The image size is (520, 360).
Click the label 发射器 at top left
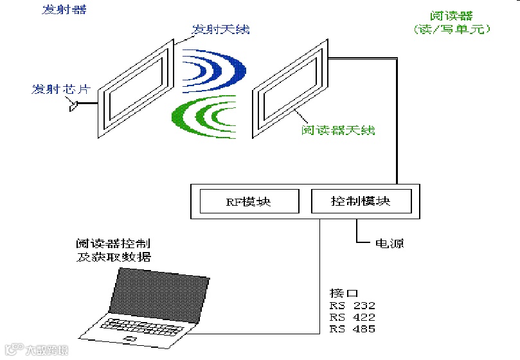[64, 10]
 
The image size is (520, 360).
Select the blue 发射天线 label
[220, 30]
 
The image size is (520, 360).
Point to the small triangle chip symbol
[73, 105]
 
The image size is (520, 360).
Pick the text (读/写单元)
[452, 30]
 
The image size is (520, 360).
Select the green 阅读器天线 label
[338, 130]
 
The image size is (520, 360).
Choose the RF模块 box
[249, 201]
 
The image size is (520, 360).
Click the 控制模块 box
[361, 201]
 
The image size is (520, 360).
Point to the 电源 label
[390, 244]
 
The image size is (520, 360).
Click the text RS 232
[352, 305]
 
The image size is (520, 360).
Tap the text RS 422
[352, 318]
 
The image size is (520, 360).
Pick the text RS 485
[352, 329]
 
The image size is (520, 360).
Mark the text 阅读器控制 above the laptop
[112, 244]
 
